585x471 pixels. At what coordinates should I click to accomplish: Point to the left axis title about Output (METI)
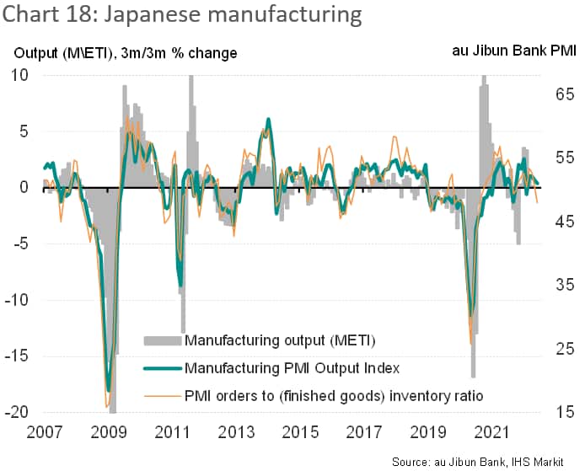pos(125,53)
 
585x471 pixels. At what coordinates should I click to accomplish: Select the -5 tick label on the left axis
pos(19,244)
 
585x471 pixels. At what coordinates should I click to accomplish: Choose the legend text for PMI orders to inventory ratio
pos(334,394)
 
